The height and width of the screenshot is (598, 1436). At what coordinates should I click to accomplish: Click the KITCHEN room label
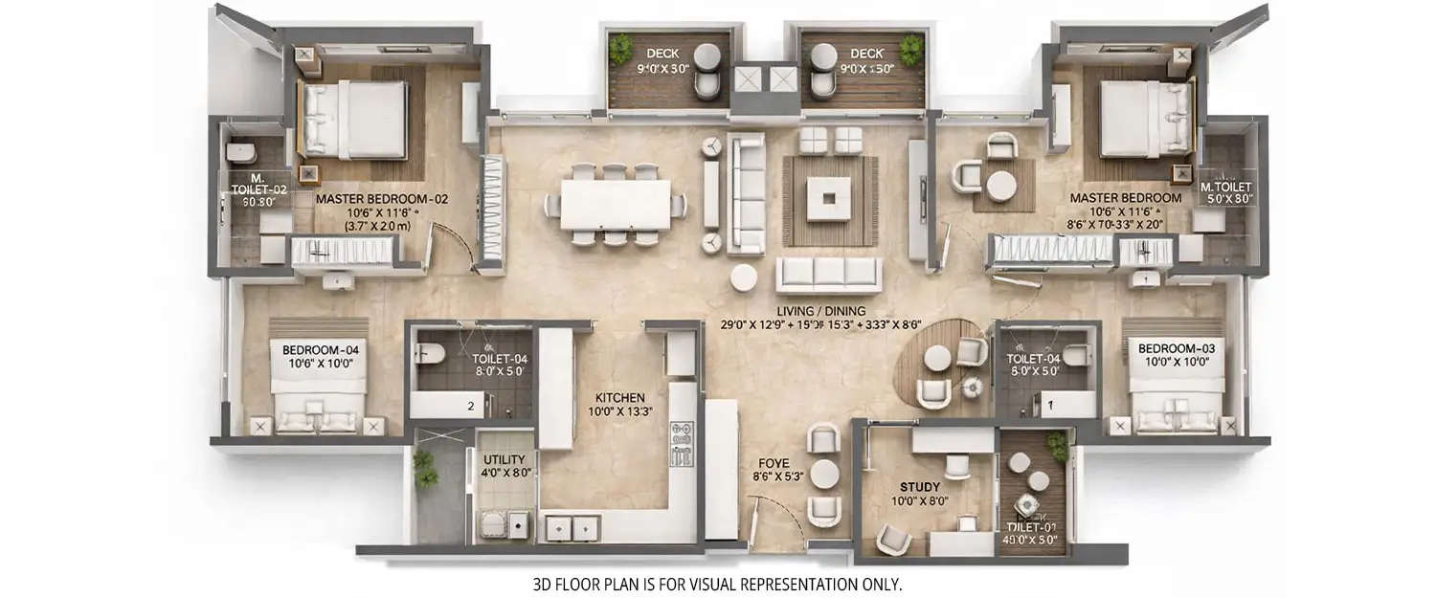[619, 397]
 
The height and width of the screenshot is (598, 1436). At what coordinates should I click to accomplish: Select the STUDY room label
[920, 486]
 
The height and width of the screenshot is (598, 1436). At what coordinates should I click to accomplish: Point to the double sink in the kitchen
[572, 525]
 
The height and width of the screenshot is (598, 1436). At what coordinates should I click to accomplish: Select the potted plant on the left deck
[621, 45]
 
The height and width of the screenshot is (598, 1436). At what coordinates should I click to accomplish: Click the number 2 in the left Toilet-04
[470, 406]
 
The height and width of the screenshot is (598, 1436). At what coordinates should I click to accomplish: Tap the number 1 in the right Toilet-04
[1050, 406]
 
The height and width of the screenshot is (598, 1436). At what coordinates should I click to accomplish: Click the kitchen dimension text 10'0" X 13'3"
[619, 412]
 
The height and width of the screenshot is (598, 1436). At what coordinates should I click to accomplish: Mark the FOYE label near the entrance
[776, 462]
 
